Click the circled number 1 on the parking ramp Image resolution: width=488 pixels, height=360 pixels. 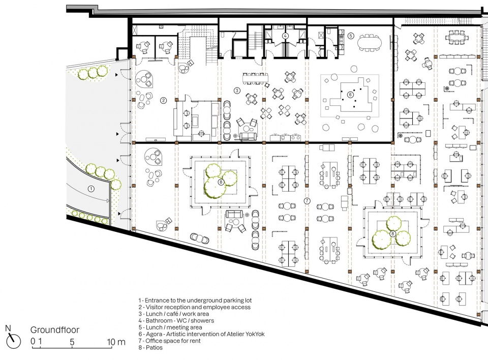(x=91, y=189)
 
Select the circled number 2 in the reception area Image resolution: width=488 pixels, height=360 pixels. (x=163, y=100)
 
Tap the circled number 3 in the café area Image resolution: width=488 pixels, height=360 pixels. (x=237, y=91)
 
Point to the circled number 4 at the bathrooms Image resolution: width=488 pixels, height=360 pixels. (x=285, y=36)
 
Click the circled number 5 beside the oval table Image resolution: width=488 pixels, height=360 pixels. (x=351, y=36)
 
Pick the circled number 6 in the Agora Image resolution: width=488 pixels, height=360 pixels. (x=350, y=95)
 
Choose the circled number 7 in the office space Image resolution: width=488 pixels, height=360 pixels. (x=307, y=201)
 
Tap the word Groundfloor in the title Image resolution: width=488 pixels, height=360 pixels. (x=55, y=331)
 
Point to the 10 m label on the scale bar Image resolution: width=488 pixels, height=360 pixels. (x=116, y=342)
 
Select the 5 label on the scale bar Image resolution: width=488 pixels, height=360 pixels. (x=72, y=342)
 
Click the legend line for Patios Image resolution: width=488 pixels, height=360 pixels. (x=150, y=348)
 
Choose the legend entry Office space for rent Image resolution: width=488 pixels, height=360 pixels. (x=170, y=341)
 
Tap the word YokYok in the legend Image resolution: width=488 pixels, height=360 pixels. (x=255, y=334)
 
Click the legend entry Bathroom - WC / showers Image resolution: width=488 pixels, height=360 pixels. (x=176, y=320)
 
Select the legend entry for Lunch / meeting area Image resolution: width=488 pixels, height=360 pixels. (x=170, y=327)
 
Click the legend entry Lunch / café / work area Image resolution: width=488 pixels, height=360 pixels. (x=174, y=314)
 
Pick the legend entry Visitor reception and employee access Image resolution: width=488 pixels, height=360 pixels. (x=195, y=307)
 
